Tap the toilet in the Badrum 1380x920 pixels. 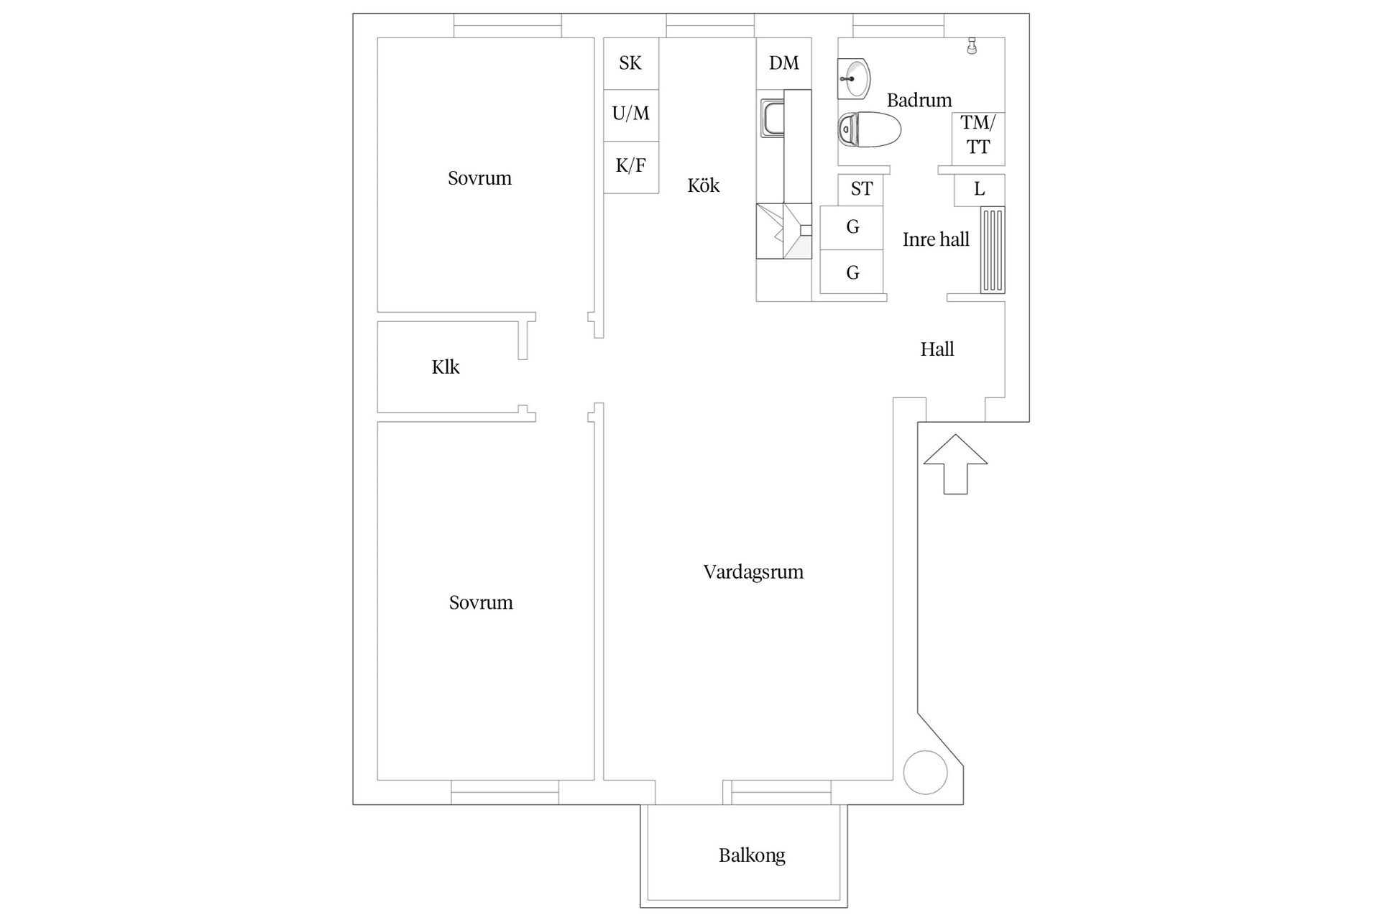tap(869, 130)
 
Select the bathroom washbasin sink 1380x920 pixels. tap(854, 78)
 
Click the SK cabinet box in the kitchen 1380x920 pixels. tap(630, 63)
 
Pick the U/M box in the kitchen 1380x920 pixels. tap(630, 114)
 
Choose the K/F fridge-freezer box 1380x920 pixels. tap(630, 166)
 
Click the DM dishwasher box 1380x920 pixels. tap(783, 63)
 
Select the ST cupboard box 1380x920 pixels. tap(861, 189)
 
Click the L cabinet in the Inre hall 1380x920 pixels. tap(979, 190)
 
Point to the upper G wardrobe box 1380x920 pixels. tap(852, 227)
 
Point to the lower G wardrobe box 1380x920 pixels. tap(852, 272)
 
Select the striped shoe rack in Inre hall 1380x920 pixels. tap(993, 249)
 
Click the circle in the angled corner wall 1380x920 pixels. tap(926, 772)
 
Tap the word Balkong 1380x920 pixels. tap(752, 855)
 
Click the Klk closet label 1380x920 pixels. tap(446, 367)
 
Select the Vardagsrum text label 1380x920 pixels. tap(753, 572)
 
